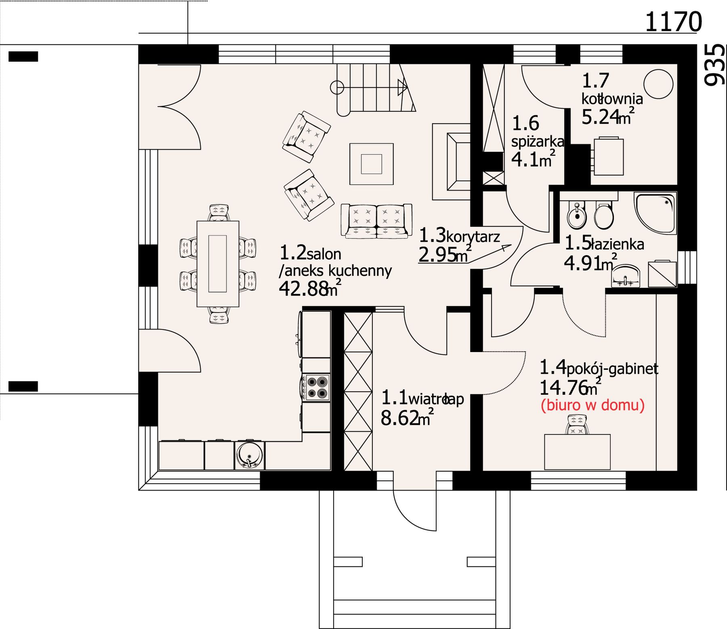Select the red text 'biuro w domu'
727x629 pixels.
tap(593, 405)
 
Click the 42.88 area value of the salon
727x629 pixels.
tap(303, 289)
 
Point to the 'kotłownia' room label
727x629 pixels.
tap(612, 99)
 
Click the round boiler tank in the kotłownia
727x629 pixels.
tap(658, 84)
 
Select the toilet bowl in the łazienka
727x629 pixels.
tap(604, 215)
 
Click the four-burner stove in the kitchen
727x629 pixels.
tap(317, 388)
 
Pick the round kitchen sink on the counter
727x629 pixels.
tap(250, 455)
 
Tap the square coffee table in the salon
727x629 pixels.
tap(372, 164)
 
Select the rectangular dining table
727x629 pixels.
tap(218, 264)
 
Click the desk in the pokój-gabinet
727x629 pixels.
tap(577, 452)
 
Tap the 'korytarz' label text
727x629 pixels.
tap(473, 237)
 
